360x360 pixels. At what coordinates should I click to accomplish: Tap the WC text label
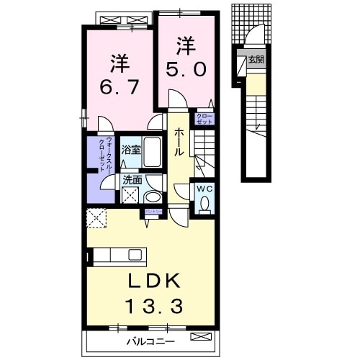pos(202,189)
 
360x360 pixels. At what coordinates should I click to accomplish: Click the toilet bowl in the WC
pos(204,205)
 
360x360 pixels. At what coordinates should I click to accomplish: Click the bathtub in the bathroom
pos(151,152)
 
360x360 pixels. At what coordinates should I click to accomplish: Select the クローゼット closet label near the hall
pos(203,120)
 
